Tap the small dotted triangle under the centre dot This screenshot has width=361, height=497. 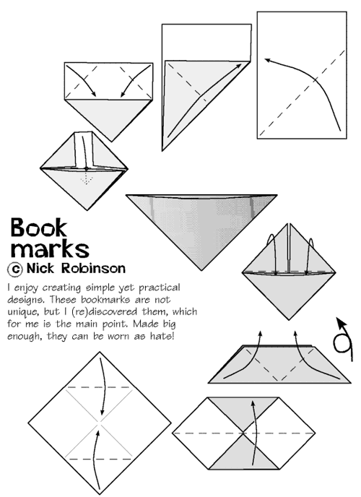(x=87, y=177)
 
